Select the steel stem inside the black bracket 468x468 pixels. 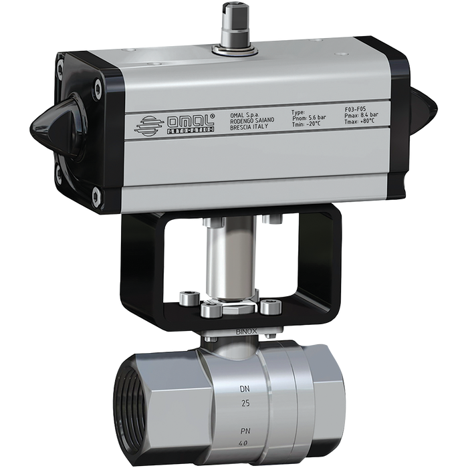tap(221, 261)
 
